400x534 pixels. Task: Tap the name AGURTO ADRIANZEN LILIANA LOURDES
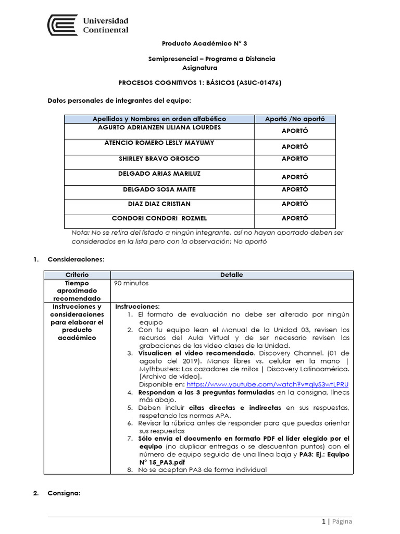tap(159, 127)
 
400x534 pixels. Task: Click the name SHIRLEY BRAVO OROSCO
tap(159, 159)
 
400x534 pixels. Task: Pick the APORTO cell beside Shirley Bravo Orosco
tap(295, 159)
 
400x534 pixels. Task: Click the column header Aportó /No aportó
tap(295, 119)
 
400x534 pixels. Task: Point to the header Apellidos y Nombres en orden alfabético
tap(159, 119)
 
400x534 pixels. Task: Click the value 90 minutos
tap(131, 283)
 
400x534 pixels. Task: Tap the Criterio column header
tap(77, 274)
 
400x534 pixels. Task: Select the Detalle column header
tap(231, 274)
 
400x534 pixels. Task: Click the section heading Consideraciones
tap(76, 259)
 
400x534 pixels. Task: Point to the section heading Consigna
tap(64, 493)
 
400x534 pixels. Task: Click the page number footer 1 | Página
tap(336, 521)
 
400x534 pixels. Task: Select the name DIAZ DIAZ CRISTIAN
tap(159, 203)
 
